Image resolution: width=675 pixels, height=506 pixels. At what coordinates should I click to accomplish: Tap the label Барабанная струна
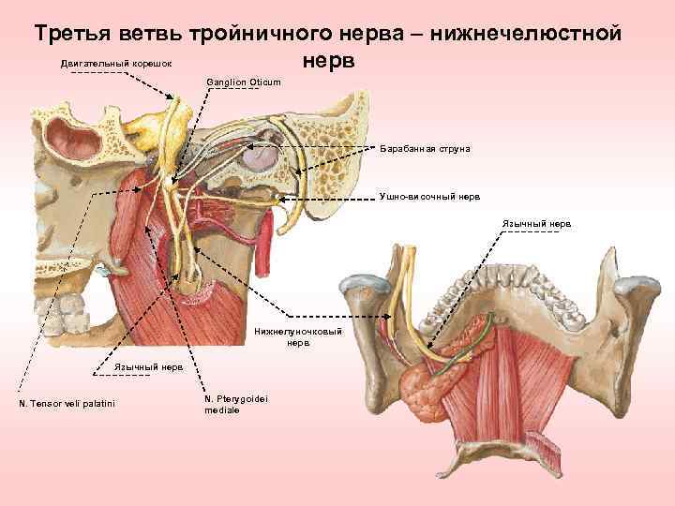pyautogui.click(x=425, y=149)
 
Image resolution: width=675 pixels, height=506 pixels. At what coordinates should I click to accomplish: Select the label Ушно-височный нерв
pyautogui.click(x=429, y=198)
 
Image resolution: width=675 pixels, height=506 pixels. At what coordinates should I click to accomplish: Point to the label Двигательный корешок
pyautogui.click(x=115, y=64)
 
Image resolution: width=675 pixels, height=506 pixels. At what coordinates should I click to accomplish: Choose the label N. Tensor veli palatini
pyautogui.click(x=66, y=404)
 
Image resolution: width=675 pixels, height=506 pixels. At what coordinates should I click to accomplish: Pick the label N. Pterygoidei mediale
pyautogui.click(x=235, y=404)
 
